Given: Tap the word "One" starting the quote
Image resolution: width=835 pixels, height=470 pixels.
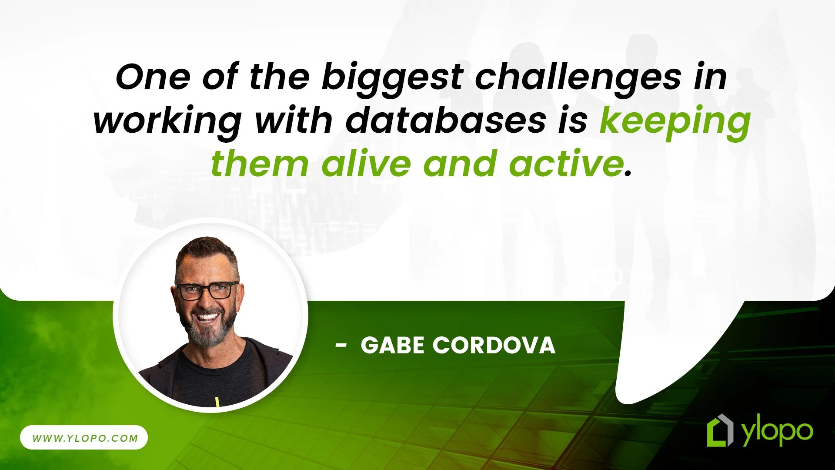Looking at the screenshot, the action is coord(153,77).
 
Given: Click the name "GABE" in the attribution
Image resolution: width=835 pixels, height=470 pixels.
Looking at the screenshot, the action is coord(392,346).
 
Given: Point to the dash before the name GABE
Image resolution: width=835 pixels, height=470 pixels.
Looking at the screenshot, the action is coord(341,346).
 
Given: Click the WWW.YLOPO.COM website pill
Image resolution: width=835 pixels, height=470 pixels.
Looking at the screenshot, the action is coord(84,438).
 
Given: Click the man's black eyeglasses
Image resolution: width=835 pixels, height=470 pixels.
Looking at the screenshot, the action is coord(206,291).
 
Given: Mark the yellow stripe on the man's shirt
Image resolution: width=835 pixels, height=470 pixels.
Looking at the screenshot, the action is coord(217,402).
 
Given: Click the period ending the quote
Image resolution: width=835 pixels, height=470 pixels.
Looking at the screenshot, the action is coord(628,174).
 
